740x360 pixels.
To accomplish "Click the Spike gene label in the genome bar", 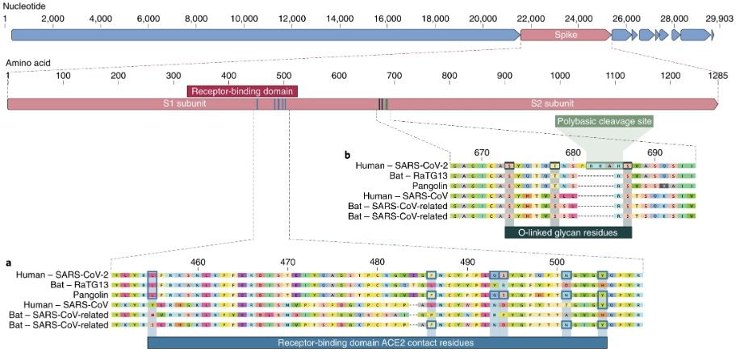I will click(564, 36).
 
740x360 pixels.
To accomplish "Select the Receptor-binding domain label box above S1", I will click(242, 90).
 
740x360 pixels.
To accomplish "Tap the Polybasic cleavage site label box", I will click(604, 121).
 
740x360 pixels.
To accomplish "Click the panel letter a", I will click(9, 262).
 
